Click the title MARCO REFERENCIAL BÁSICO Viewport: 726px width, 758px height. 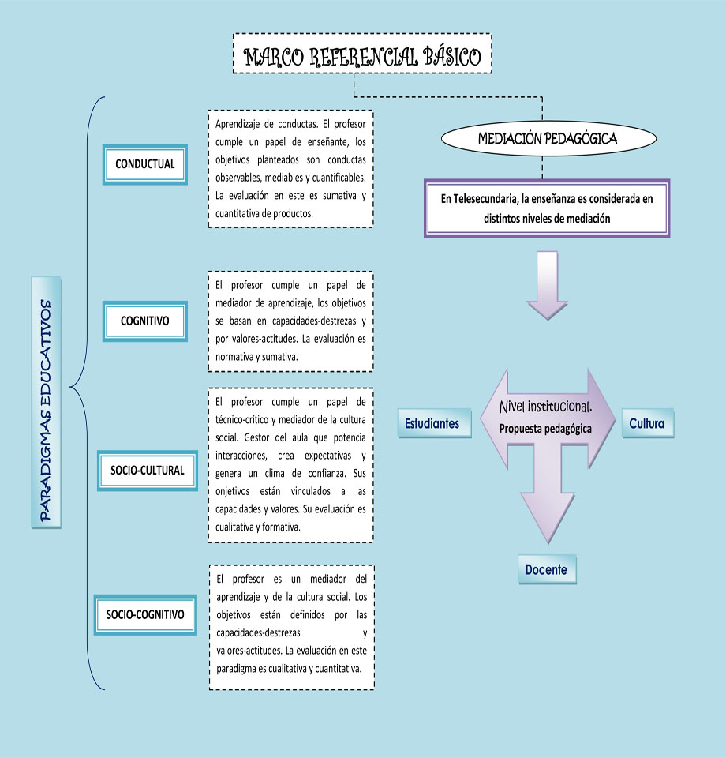(362, 57)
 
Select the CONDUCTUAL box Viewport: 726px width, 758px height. (145, 165)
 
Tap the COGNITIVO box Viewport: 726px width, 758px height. (145, 321)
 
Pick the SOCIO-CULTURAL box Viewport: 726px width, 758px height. (147, 470)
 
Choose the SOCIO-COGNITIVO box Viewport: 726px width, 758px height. (145, 614)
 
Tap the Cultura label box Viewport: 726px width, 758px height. (647, 423)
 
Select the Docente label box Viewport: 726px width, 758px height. (547, 569)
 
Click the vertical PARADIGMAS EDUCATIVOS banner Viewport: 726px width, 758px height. (47, 403)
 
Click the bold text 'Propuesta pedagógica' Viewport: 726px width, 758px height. (545, 428)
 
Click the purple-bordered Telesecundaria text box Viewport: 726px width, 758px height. (547, 208)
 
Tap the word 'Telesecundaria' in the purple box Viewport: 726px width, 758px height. (484, 199)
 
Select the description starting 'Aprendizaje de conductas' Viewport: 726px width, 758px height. (290, 169)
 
